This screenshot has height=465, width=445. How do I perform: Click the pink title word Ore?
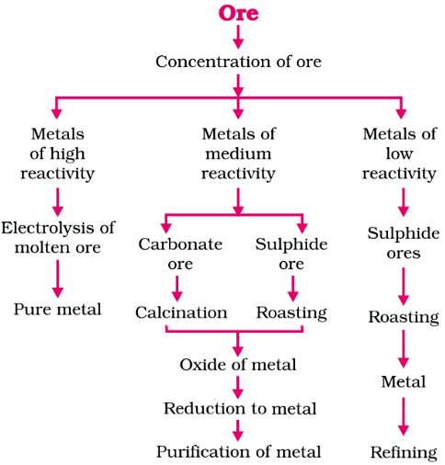tap(238, 13)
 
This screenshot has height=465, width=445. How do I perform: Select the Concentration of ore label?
tap(238, 62)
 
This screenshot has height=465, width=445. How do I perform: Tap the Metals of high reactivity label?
tap(57, 153)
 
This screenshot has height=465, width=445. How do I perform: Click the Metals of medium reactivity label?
tap(238, 153)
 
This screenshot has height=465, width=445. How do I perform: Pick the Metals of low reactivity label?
tap(399, 153)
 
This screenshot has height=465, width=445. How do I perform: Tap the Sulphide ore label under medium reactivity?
tap(291, 254)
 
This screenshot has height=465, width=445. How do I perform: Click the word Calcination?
tap(181, 312)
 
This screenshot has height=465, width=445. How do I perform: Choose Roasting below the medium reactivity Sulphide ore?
tap(291, 312)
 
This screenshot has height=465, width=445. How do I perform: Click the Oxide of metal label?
tap(238, 365)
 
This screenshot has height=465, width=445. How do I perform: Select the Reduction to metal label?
tap(239, 408)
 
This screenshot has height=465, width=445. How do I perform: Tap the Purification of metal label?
tap(238, 451)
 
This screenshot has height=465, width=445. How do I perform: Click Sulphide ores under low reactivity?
tap(403, 243)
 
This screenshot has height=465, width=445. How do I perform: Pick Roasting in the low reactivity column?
tap(403, 317)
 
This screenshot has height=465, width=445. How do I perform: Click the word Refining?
tap(403, 452)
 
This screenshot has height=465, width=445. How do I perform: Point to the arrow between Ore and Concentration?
tap(238, 37)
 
